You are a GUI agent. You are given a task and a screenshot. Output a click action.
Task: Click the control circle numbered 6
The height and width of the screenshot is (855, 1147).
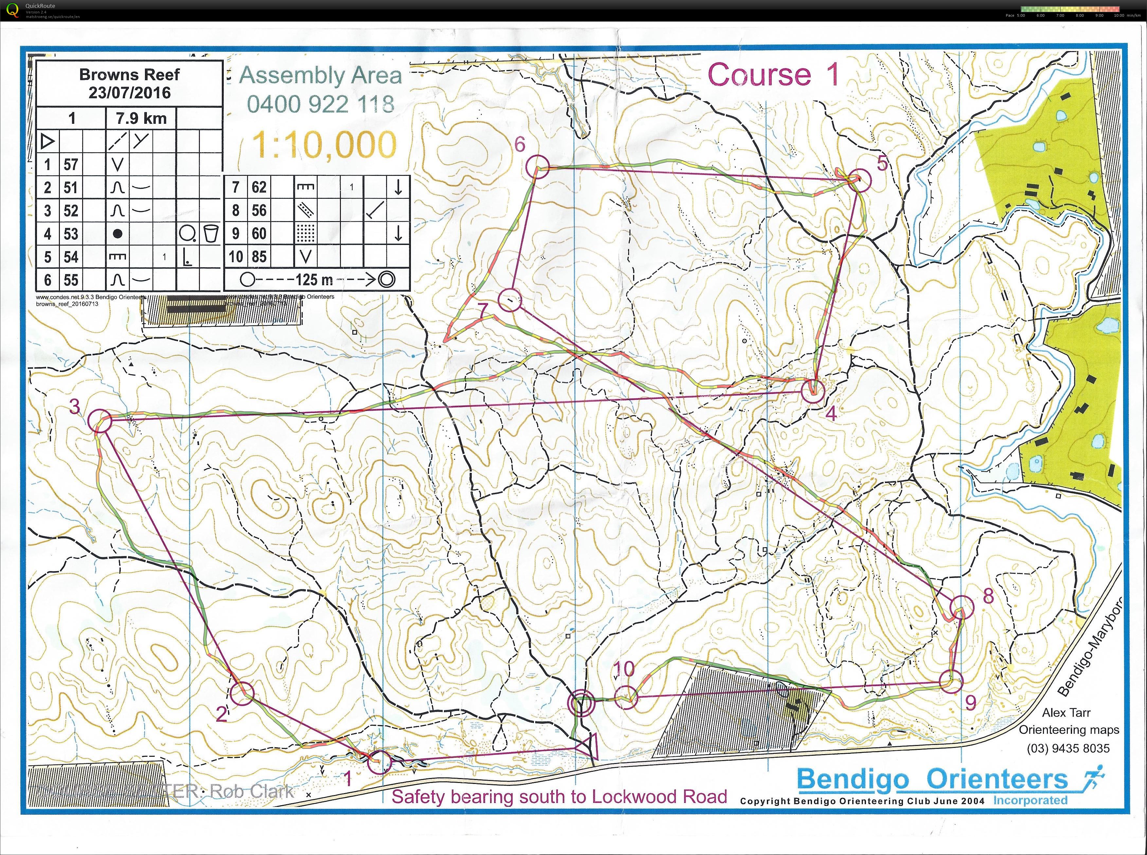tap(537, 167)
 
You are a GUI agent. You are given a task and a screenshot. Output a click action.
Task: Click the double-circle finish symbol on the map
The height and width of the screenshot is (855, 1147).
tap(581, 704)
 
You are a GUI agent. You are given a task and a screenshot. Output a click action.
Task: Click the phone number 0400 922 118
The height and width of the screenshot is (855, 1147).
tap(321, 104)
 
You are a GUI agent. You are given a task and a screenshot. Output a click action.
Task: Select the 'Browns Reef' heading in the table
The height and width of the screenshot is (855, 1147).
tap(129, 75)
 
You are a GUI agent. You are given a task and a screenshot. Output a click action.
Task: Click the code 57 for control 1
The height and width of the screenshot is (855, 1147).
tap(71, 165)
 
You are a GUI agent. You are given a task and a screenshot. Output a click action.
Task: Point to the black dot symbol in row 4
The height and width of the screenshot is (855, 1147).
tap(117, 234)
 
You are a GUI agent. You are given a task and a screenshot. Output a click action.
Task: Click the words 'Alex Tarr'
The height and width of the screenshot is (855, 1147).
tap(1066, 713)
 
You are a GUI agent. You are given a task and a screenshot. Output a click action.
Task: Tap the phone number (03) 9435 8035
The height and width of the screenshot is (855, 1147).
tap(1068, 748)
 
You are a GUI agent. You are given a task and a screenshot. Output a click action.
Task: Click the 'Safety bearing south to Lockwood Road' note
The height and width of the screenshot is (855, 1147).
tap(559, 796)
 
